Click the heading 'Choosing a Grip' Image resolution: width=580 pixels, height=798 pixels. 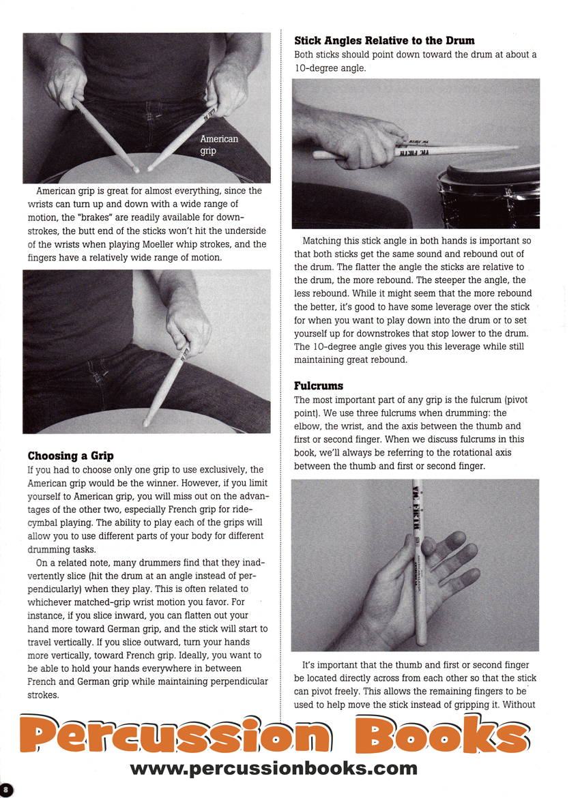(x=70, y=456)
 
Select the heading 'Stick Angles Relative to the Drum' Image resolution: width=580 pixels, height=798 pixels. (x=384, y=41)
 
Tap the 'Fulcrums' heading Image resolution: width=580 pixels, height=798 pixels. (x=319, y=385)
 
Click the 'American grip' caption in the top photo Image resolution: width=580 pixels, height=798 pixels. (x=219, y=145)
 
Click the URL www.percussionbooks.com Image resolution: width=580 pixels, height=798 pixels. (x=273, y=768)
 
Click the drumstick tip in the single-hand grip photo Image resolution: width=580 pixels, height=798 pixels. (x=147, y=423)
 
